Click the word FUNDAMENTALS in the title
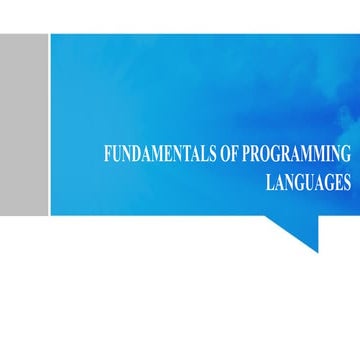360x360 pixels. click(x=160, y=154)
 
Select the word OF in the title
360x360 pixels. click(x=229, y=154)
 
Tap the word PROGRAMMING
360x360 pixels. click(x=296, y=154)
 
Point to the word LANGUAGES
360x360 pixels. click(x=308, y=182)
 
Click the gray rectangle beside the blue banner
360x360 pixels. click(x=24, y=125)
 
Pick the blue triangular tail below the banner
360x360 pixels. click(x=300, y=230)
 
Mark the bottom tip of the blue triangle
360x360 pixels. click(x=318, y=252)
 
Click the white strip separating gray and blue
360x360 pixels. click(x=50, y=125)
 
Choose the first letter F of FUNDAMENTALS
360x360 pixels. click(x=108, y=154)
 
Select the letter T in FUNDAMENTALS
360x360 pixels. click(x=184, y=154)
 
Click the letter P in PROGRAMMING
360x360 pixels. click(x=246, y=154)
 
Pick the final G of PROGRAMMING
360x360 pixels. click(x=346, y=154)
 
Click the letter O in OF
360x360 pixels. click(x=225, y=154)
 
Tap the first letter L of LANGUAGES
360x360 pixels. click(x=270, y=182)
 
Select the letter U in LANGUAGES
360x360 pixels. click(x=308, y=182)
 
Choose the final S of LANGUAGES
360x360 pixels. click(x=347, y=182)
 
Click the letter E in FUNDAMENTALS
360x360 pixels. click(x=166, y=154)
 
